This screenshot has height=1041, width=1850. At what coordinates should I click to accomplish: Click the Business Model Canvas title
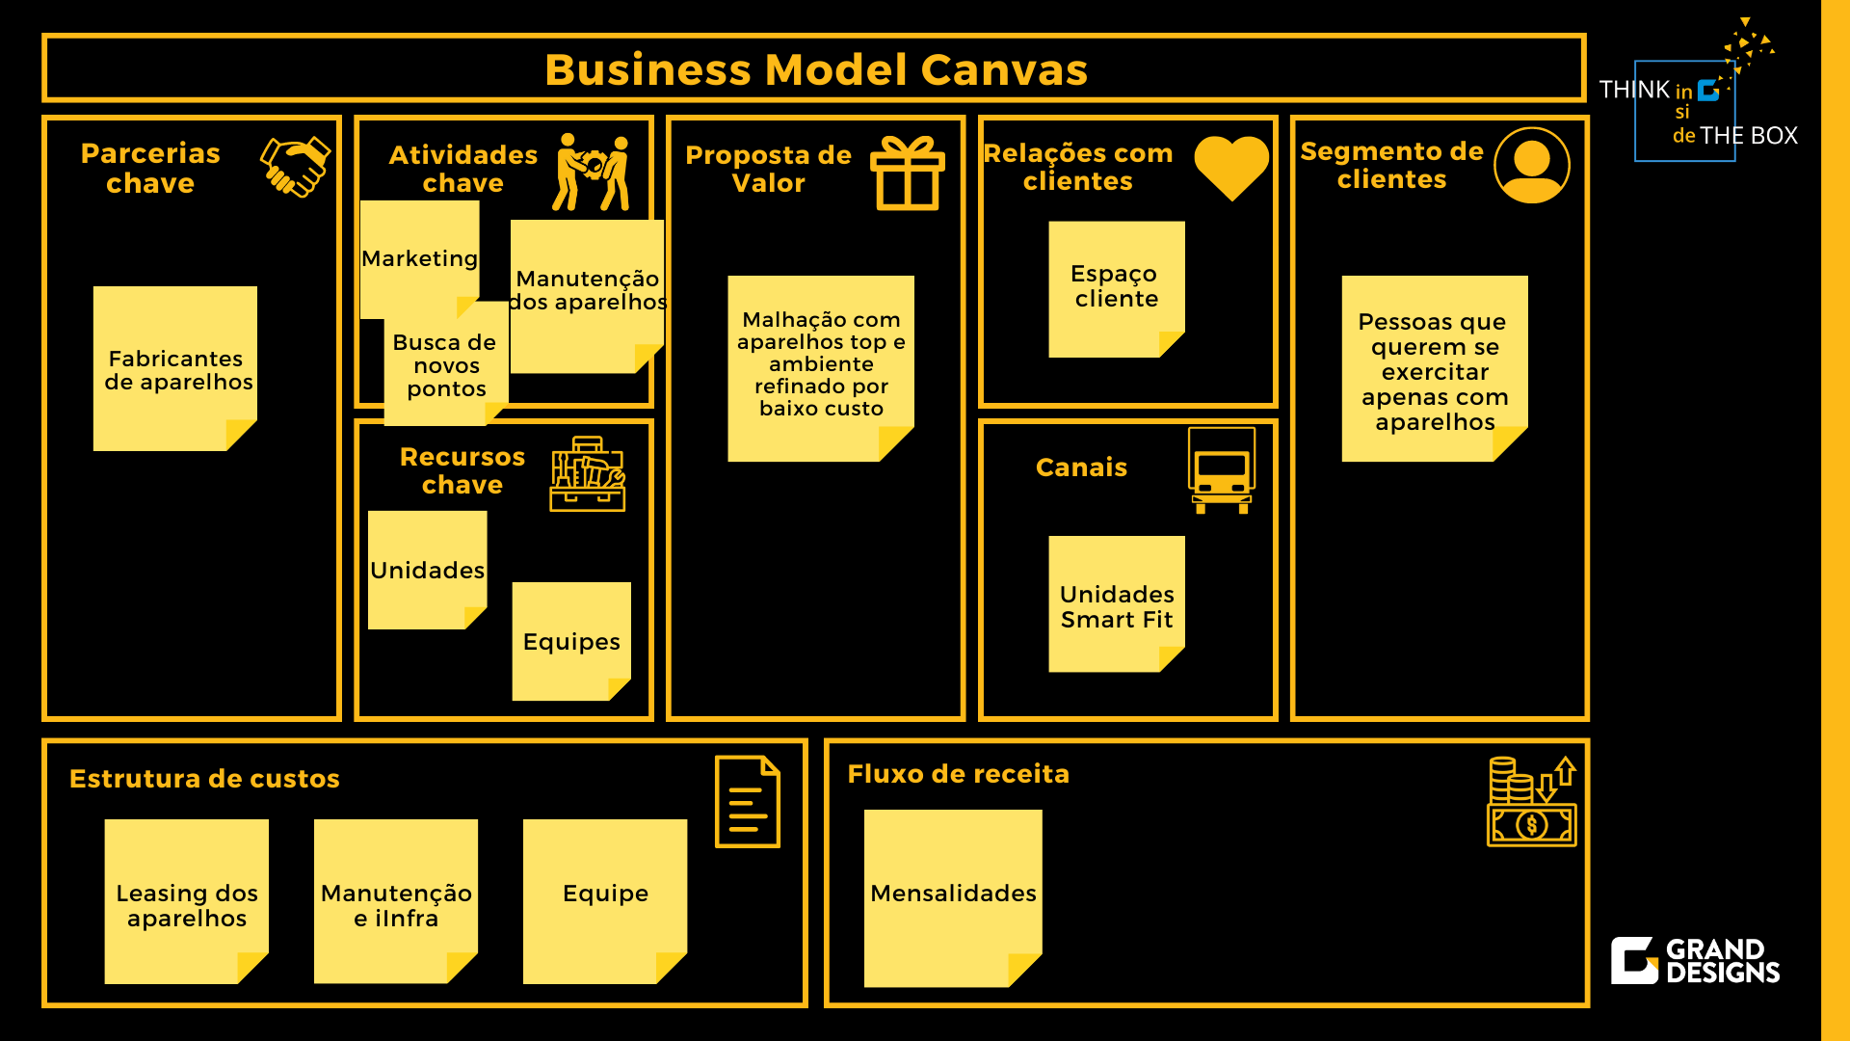point(815,69)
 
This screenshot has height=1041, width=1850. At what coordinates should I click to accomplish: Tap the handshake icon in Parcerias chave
point(296,166)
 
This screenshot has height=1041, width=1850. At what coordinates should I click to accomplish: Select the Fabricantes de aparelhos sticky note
point(175,368)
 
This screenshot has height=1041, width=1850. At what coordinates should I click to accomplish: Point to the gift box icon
point(907,173)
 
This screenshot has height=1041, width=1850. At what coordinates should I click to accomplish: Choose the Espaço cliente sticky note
point(1116,288)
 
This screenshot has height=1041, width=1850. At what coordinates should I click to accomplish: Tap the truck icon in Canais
point(1221,470)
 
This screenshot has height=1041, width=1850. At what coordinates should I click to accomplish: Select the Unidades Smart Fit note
point(1116,604)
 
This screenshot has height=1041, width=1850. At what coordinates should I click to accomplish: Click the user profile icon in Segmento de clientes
point(1531,165)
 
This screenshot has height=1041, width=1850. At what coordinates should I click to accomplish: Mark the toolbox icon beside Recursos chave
point(587,474)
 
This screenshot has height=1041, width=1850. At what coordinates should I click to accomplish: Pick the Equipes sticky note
point(571,641)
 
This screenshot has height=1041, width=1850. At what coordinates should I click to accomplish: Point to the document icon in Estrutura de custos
point(747,802)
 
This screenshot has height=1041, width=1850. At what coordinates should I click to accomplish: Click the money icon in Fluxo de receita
point(1531,802)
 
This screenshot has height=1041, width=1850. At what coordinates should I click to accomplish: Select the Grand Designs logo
point(1695,961)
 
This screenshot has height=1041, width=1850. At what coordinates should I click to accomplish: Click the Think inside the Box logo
point(1697,106)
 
